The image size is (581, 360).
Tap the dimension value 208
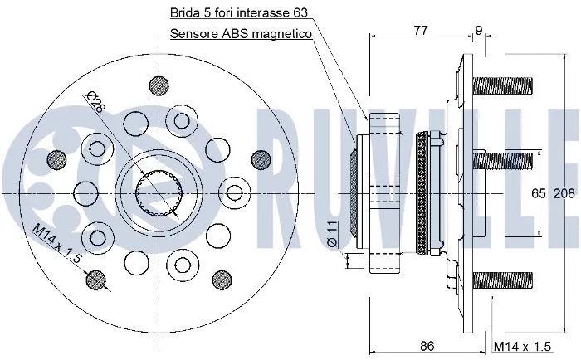(x=564, y=193)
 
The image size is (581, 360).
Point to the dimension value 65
(x=539, y=193)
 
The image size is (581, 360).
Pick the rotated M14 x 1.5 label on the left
(x=58, y=245)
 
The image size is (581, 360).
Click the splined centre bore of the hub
(x=159, y=193)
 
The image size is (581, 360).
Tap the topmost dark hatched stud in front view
(x=158, y=85)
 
